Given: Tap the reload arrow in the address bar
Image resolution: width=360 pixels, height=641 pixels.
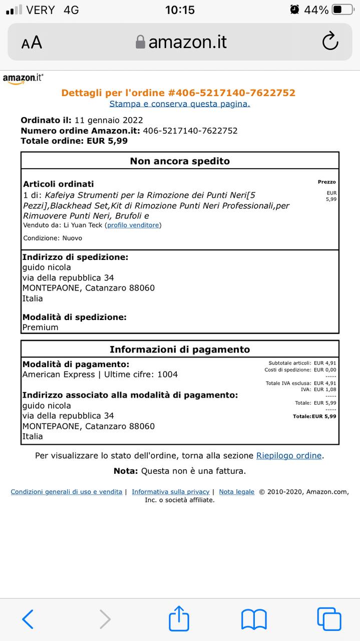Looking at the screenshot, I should [330, 42].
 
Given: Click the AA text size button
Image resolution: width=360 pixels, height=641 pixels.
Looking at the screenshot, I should [32, 43].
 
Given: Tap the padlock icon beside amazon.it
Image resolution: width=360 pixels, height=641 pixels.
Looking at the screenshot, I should [141, 42].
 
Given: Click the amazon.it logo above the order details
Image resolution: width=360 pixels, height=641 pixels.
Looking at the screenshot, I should [23, 79].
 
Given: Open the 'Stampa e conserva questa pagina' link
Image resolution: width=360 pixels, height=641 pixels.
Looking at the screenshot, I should [180, 104].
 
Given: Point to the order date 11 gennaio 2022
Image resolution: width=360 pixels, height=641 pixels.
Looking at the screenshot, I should [109, 120].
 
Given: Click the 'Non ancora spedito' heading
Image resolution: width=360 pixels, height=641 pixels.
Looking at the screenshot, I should [180, 161].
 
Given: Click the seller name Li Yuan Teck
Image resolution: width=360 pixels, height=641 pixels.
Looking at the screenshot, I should [83, 225].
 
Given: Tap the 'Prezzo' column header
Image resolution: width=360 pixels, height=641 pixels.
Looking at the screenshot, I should [326, 182].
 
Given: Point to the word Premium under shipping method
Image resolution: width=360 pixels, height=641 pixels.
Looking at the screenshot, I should [40, 328].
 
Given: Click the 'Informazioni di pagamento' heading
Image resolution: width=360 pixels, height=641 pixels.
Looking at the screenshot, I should [180, 350].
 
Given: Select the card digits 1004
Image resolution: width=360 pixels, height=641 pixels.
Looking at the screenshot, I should [167, 375].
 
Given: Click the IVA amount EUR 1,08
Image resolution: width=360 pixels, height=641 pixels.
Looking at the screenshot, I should [325, 389].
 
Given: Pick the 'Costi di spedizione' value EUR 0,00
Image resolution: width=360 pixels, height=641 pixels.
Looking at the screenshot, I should [325, 370].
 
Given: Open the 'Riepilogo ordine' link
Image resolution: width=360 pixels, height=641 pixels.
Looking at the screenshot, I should [289, 456].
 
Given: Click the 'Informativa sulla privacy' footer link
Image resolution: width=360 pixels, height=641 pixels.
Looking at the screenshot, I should [170, 492].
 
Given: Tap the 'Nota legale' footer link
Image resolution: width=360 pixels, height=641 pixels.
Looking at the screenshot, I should [236, 492].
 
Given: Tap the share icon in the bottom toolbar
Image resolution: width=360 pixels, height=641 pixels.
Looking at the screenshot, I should [179, 619].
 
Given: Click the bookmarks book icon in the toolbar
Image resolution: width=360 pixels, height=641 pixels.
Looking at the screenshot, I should [254, 619].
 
